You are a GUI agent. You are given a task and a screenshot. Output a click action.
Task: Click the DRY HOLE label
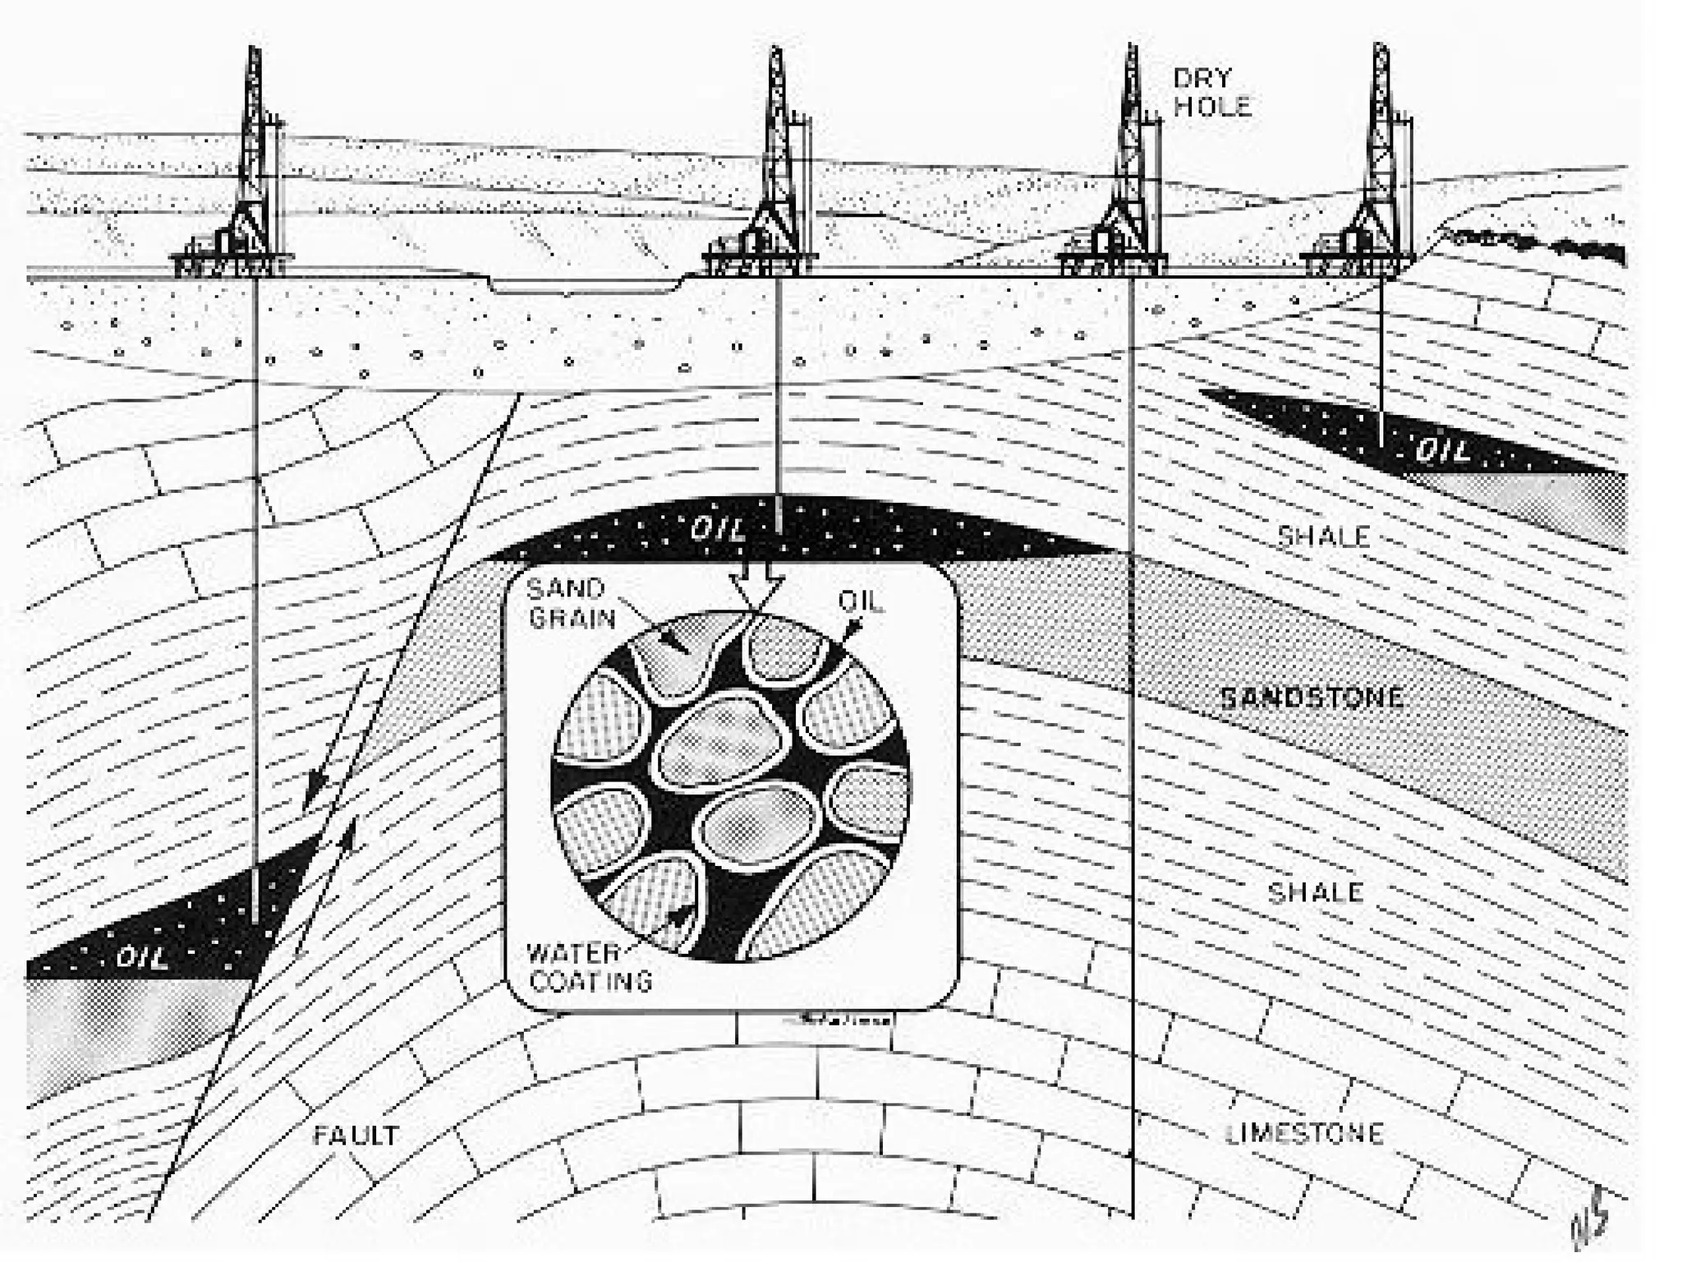[1211, 92]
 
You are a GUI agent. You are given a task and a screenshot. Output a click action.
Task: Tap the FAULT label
[356, 1135]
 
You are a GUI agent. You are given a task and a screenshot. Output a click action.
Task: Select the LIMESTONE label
[1304, 1134]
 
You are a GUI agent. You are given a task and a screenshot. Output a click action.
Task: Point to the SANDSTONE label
[1312, 698]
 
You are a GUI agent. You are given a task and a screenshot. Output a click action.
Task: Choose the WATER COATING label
[588, 967]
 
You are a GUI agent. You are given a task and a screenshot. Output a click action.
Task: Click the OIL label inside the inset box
[860, 601]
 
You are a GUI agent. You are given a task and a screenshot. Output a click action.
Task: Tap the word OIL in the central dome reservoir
[717, 530]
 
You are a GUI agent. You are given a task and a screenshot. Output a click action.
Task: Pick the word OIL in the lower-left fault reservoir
[142, 957]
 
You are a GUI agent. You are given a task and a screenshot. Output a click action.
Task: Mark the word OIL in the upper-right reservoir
[1442, 451]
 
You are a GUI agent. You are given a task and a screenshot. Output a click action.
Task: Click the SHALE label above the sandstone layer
[1323, 537]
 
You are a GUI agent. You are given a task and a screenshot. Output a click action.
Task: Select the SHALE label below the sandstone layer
[1315, 893]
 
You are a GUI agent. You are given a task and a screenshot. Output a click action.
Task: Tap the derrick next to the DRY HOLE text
[1127, 164]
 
